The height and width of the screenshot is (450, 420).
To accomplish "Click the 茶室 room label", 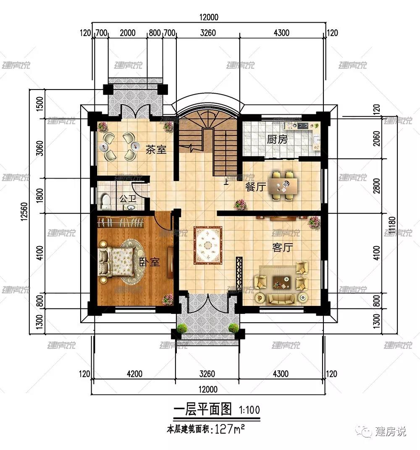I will [x=156, y=150].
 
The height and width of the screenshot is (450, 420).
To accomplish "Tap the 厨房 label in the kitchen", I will [x=278, y=139].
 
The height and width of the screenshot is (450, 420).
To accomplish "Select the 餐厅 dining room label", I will [x=256, y=187].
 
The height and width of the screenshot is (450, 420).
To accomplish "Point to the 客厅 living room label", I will [x=282, y=247].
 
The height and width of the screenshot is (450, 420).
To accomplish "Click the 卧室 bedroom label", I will [x=150, y=262].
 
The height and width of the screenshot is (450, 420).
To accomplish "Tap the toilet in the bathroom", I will [x=106, y=200].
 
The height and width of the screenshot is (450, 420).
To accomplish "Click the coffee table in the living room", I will [x=280, y=282].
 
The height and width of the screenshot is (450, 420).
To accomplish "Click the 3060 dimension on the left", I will [x=40, y=147].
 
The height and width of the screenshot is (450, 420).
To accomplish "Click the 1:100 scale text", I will [x=249, y=409].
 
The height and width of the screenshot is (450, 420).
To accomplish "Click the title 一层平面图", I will [x=202, y=408].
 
